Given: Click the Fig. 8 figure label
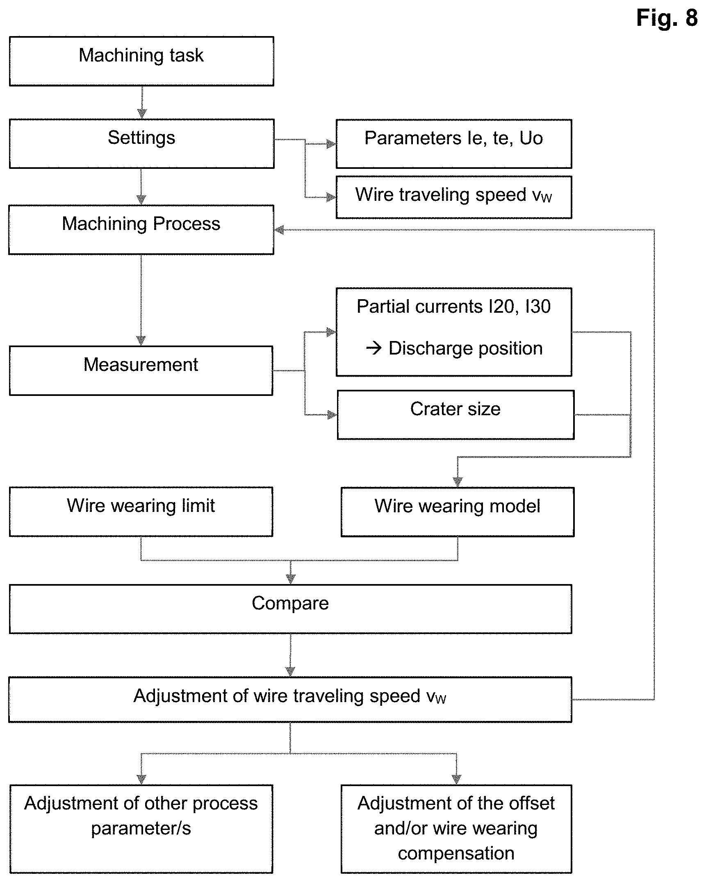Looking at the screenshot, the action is (667, 18).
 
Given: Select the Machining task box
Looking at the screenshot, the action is (141, 61).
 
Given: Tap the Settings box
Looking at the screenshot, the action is (141, 143).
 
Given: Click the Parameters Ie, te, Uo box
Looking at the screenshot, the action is (454, 144).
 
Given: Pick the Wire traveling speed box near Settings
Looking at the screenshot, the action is (454, 197).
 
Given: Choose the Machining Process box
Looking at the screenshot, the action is (141, 230).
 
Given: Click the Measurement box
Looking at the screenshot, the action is (141, 371).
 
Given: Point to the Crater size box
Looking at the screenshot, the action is (455, 415).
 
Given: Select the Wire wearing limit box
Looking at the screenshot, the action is (141, 511).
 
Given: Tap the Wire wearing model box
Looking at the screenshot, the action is (458, 512).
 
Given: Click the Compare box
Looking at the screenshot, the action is (290, 609).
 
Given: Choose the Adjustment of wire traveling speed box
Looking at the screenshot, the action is (290, 699).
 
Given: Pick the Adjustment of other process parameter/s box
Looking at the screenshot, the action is (141, 829).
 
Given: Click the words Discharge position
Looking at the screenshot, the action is (466, 348).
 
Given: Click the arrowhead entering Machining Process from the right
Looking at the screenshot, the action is (279, 230).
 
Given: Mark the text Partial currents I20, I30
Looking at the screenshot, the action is (453, 307).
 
